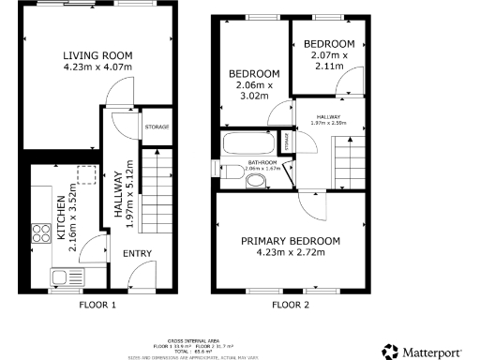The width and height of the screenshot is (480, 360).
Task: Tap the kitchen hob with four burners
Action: [x=42, y=233]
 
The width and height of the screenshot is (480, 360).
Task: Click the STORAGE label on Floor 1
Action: [x=157, y=127]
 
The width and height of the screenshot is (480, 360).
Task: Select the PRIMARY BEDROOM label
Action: [x=291, y=241]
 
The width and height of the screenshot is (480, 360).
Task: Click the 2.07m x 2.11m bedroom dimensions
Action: [x=330, y=61]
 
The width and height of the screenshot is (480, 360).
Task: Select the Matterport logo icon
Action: [x=389, y=351]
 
